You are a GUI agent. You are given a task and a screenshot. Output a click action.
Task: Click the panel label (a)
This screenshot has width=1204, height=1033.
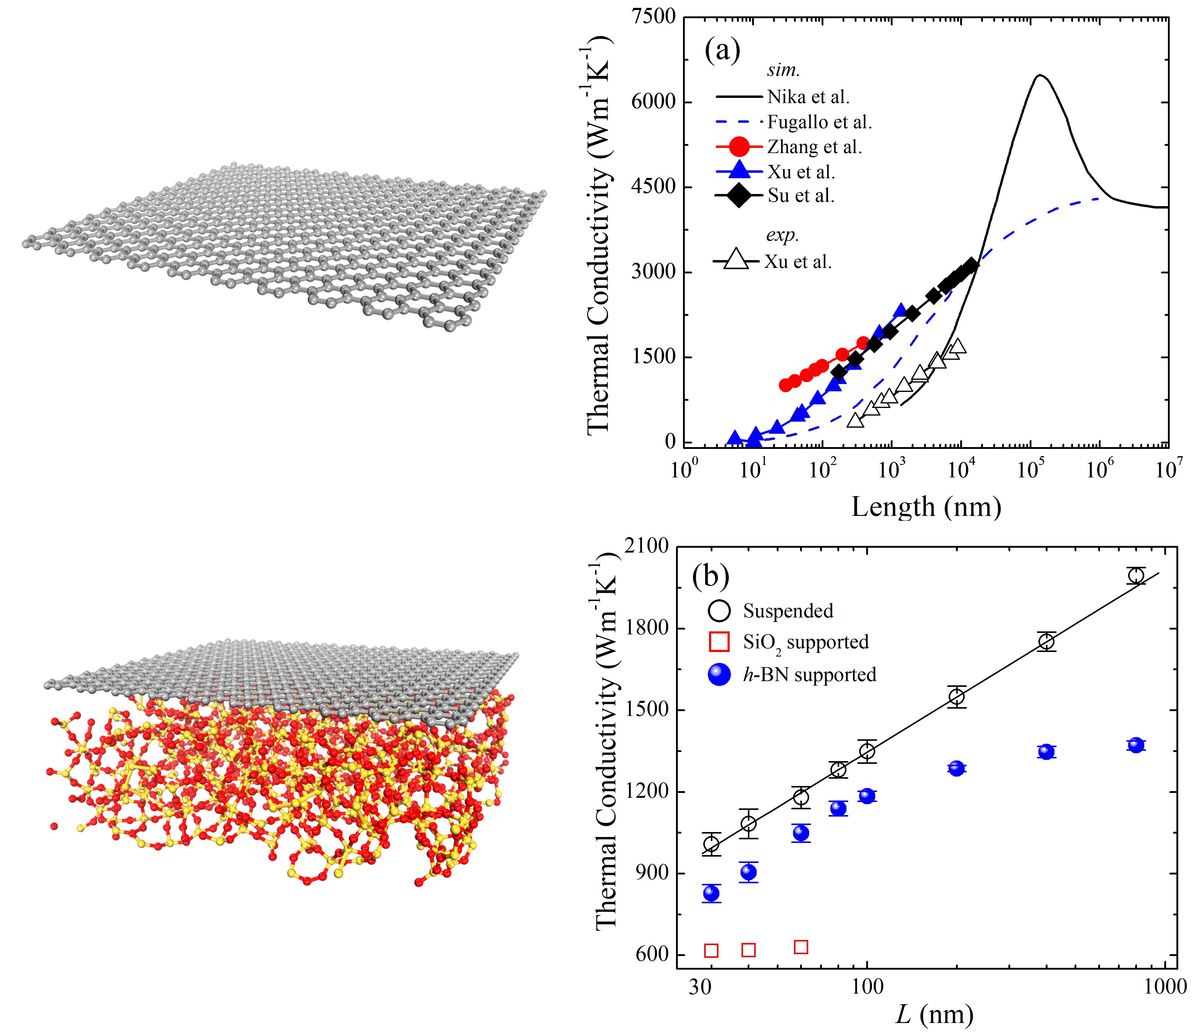pyautogui.click(x=722, y=51)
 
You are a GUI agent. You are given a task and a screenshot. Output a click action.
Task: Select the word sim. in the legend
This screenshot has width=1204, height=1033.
pyautogui.click(x=783, y=70)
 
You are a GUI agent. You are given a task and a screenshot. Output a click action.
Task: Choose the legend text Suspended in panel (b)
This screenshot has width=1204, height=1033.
pyautogui.click(x=788, y=611)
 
